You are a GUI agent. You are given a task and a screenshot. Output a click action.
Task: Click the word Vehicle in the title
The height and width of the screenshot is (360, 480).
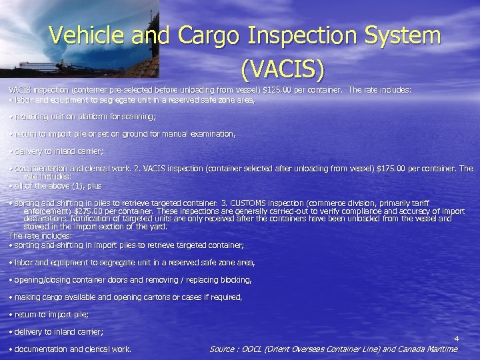pos(90,35)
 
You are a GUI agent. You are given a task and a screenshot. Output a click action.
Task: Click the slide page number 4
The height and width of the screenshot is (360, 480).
pos(456,339)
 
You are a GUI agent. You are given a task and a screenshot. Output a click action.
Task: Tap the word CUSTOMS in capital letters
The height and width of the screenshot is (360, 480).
pos(249,203)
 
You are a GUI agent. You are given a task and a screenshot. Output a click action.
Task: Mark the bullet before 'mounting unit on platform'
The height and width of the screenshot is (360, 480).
pos(11,117)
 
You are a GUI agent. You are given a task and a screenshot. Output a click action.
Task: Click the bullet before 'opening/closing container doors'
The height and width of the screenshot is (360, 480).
pos(11,280)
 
